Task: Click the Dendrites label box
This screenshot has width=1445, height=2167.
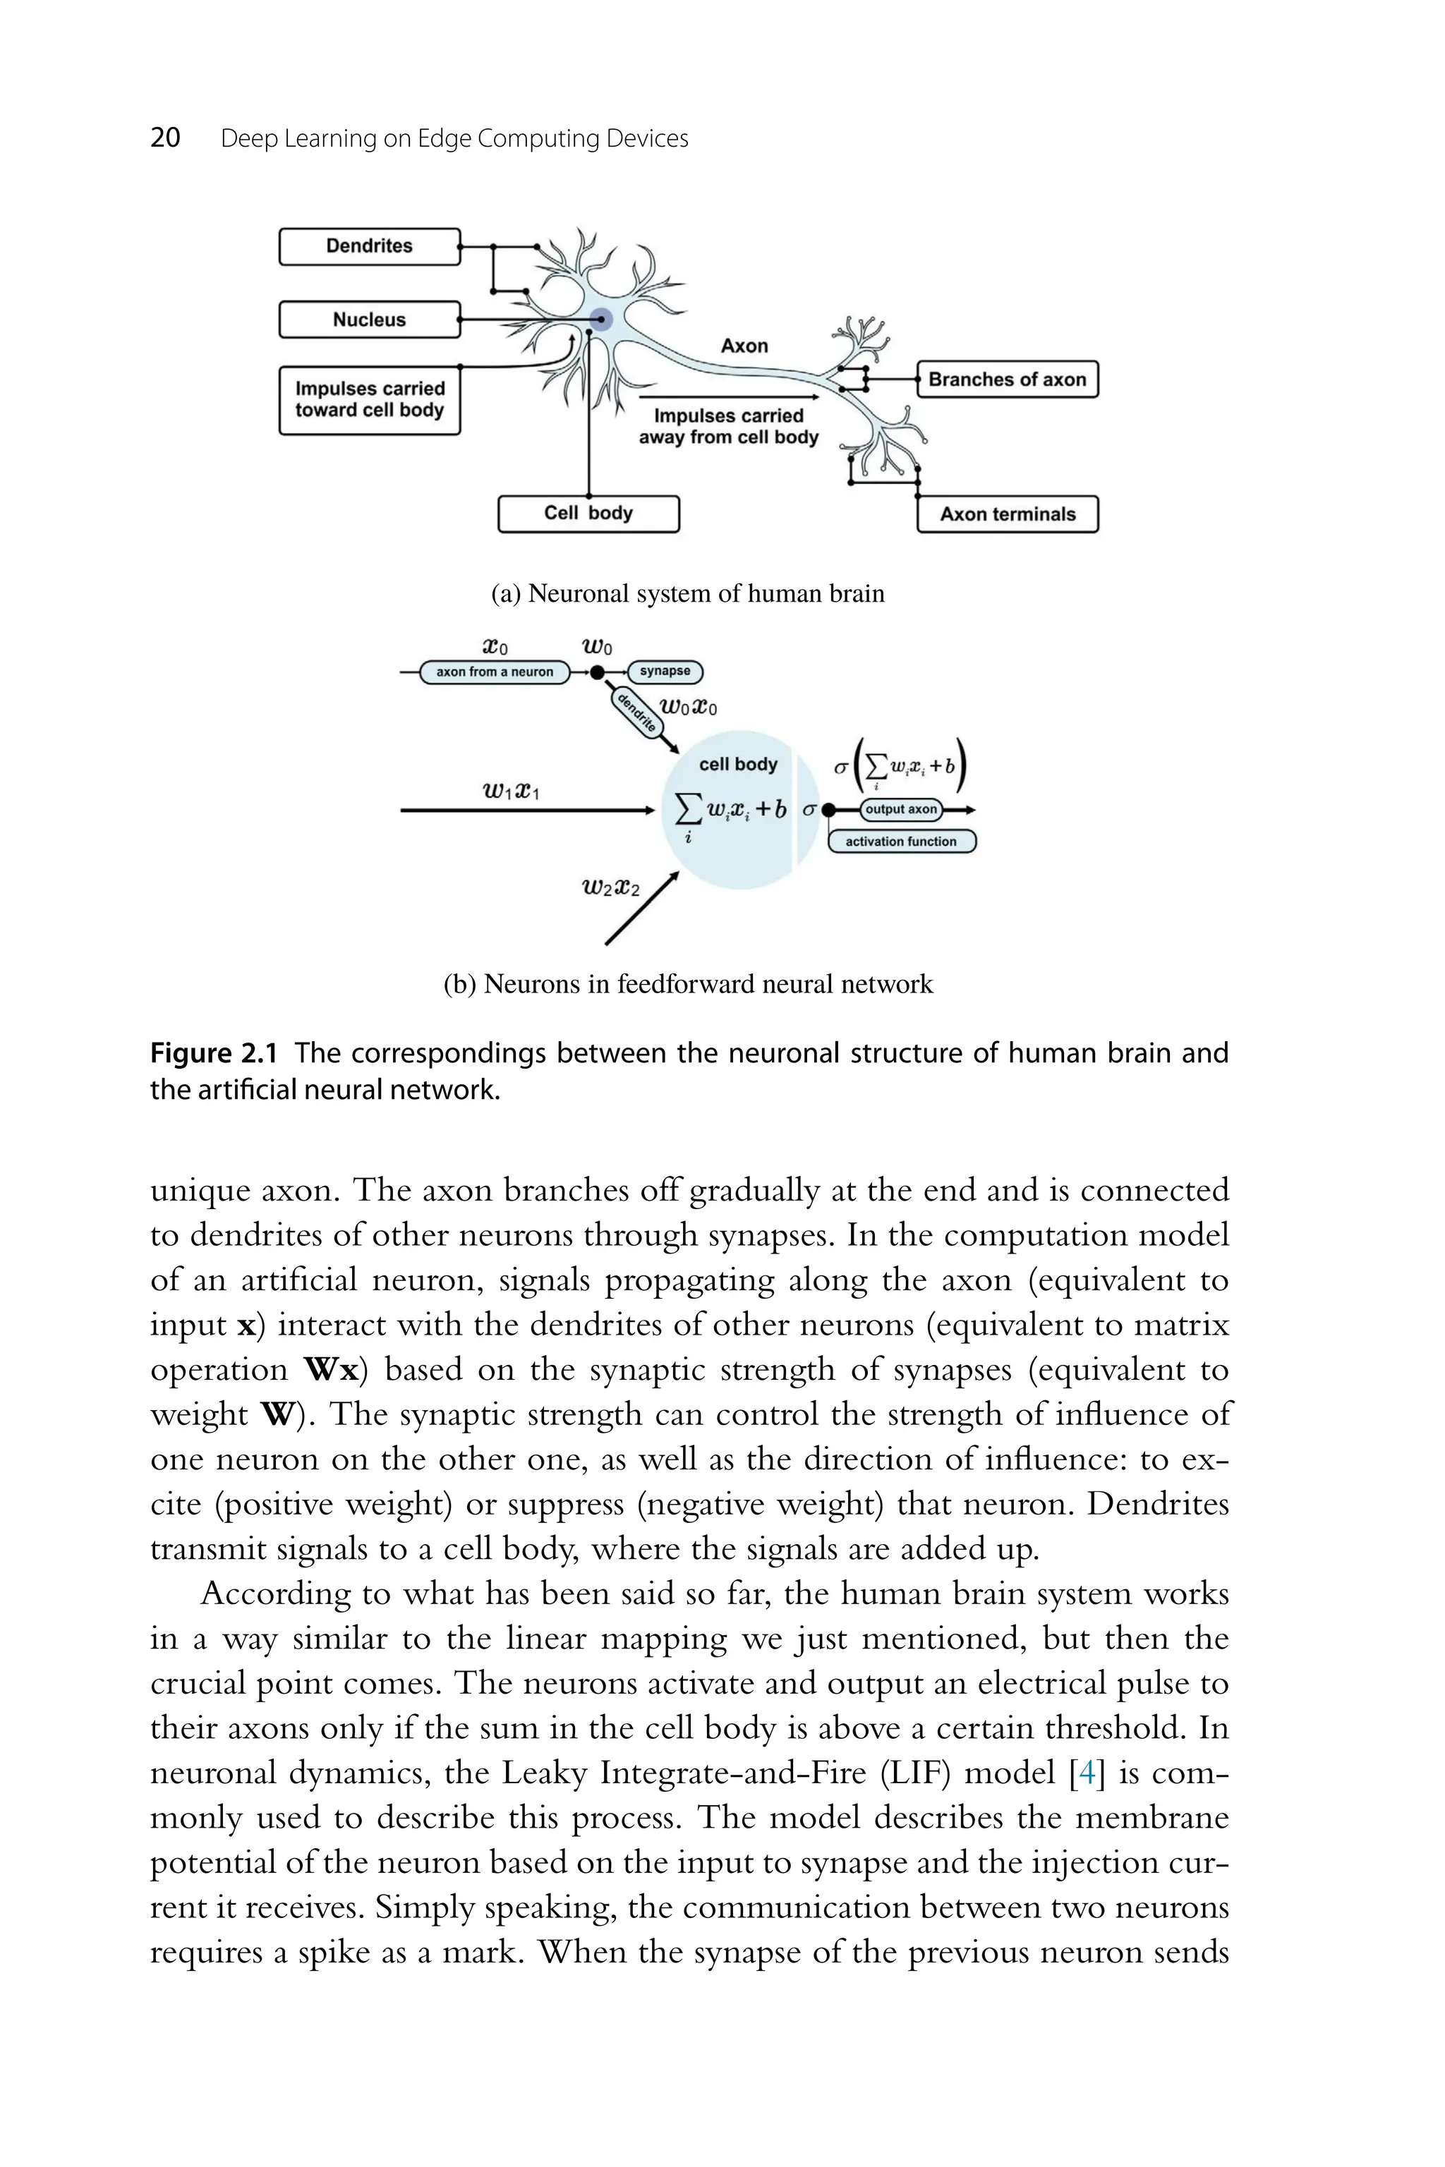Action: coord(370,246)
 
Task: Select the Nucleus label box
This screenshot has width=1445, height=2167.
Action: coord(370,320)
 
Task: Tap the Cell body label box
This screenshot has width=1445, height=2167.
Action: coord(588,514)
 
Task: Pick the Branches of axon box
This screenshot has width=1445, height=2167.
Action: coord(1008,380)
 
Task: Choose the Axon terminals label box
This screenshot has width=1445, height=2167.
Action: coord(1008,514)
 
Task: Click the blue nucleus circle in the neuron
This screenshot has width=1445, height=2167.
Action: coord(601,320)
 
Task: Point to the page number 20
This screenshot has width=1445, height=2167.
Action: coord(165,138)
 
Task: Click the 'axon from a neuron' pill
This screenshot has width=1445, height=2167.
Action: coord(495,672)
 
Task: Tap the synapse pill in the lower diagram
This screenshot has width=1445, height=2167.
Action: coord(665,671)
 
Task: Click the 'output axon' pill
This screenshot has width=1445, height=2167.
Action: coord(900,809)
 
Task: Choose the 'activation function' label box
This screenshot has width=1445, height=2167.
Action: coord(900,841)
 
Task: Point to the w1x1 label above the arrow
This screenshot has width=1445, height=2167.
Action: coord(511,791)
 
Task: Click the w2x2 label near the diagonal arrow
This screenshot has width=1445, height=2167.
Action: coord(610,887)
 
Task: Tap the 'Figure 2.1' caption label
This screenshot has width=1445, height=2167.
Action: coord(213,1053)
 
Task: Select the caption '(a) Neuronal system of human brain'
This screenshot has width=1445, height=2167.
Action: coord(687,593)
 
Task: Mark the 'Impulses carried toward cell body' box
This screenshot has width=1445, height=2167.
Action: coord(370,400)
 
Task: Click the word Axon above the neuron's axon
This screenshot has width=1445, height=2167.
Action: coord(744,346)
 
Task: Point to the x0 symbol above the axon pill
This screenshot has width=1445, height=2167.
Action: coord(495,647)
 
